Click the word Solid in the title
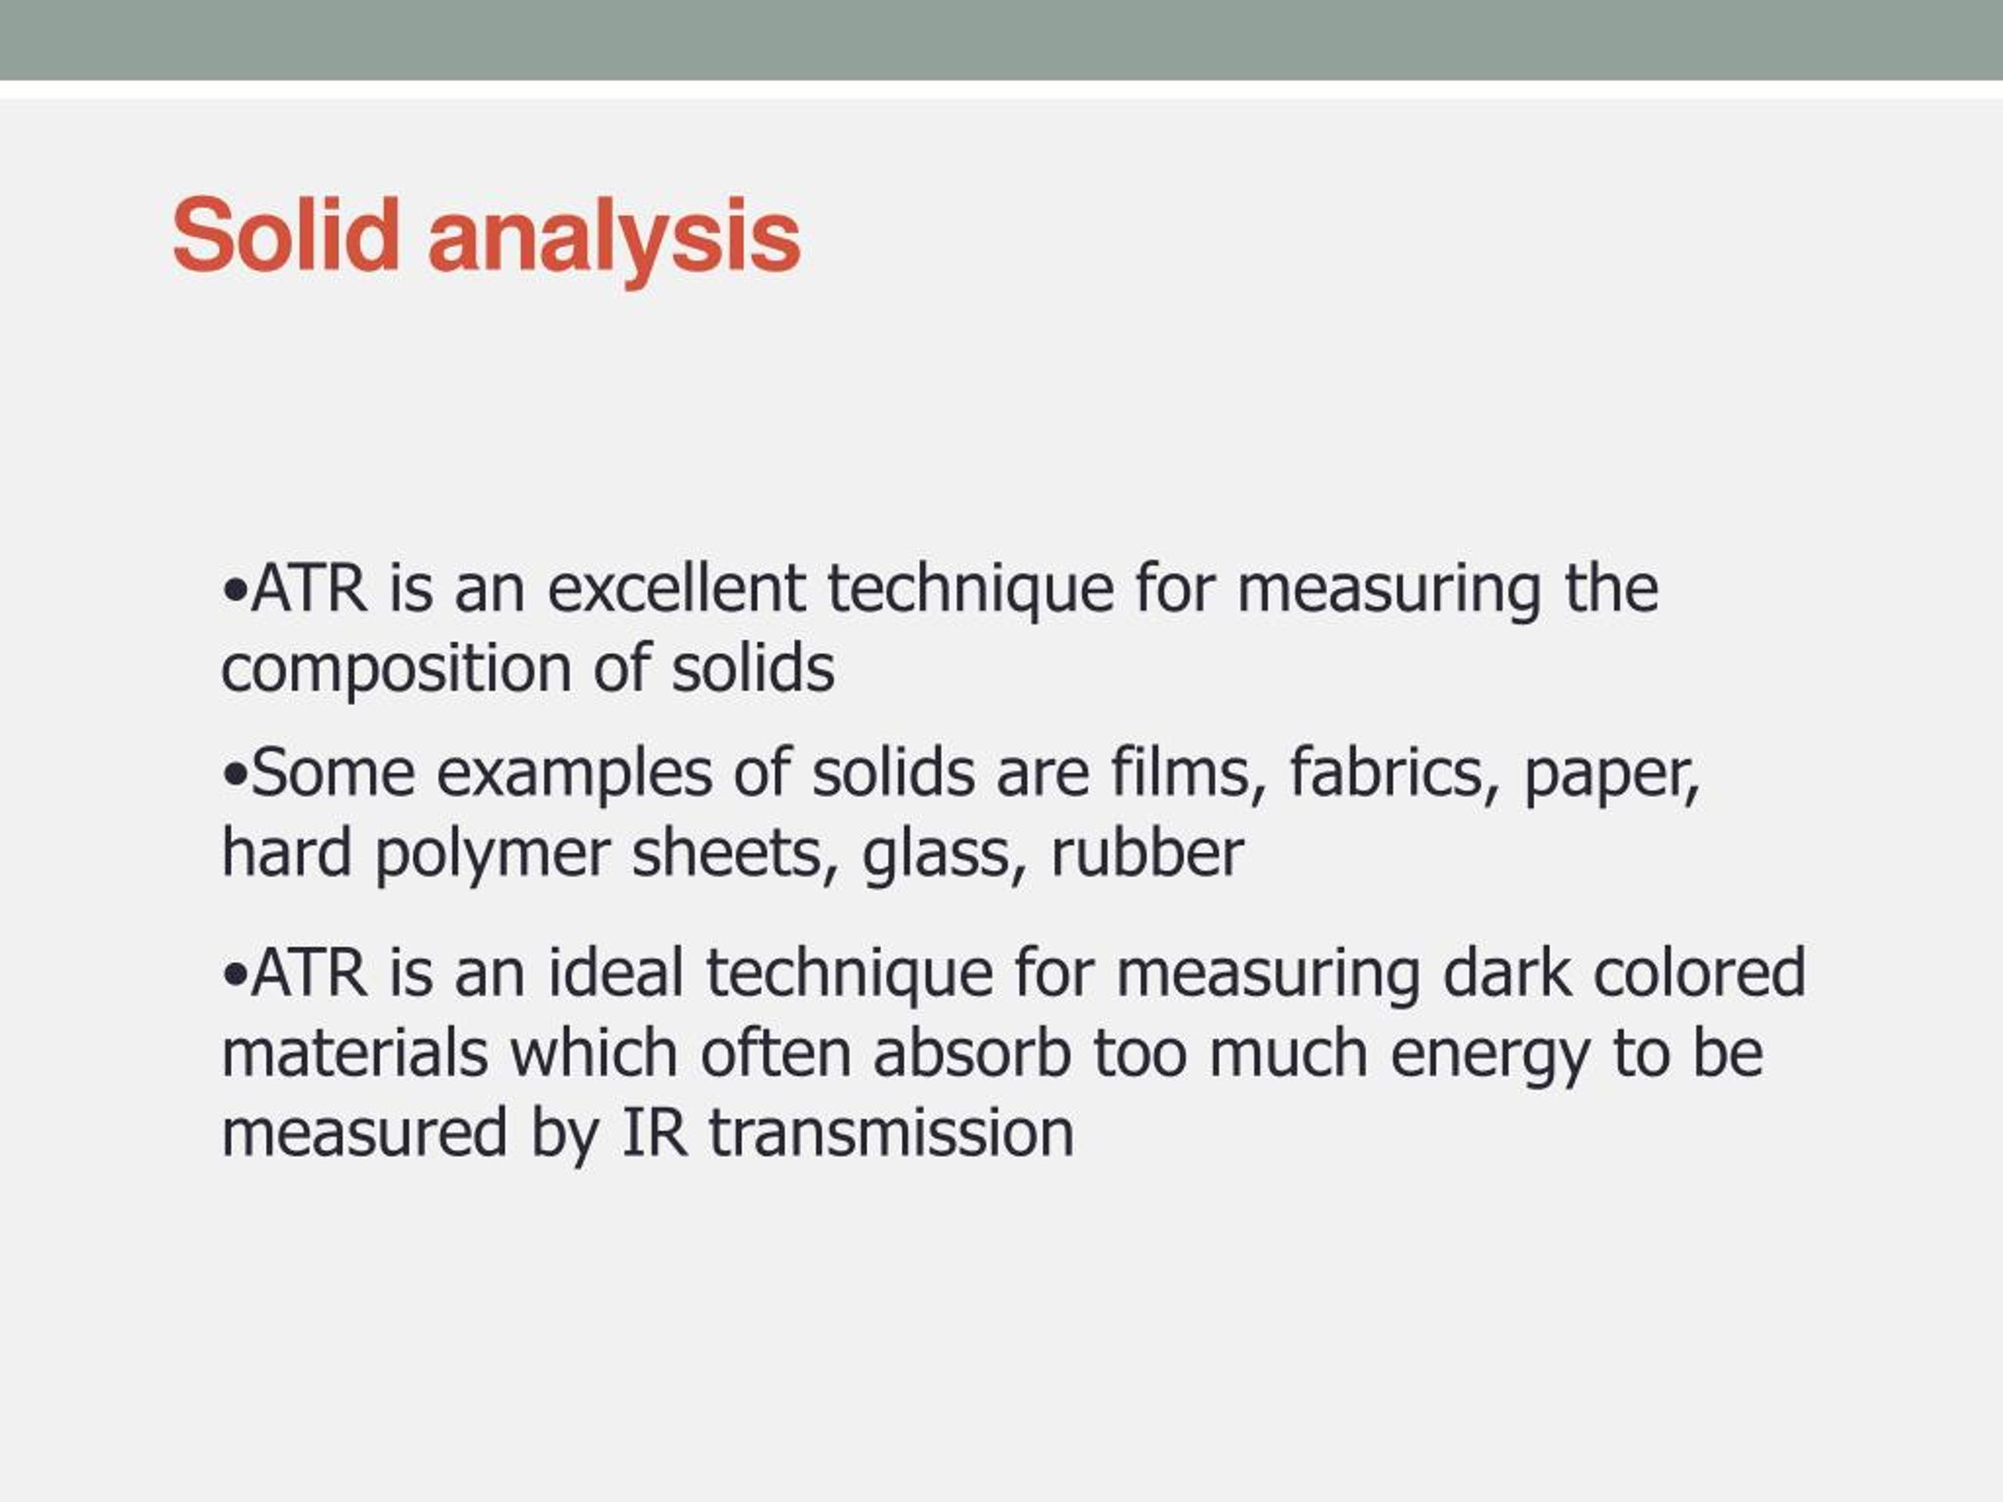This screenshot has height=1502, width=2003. [286, 235]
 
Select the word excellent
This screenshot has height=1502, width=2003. [677, 588]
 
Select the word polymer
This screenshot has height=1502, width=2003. [493, 857]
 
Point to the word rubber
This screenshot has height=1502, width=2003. [1147, 853]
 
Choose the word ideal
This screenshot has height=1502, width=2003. [616, 973]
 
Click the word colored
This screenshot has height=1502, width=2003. [1699, 973]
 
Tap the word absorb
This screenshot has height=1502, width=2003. [973, 1053]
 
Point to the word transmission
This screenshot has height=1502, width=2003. [891, 1133]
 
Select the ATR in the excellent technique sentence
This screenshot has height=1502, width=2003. [310, 588]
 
